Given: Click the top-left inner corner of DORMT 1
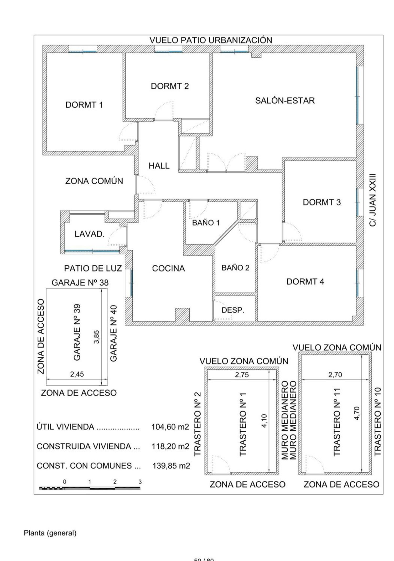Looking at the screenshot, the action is (47, 53).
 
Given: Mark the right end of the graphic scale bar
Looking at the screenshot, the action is (140, 488).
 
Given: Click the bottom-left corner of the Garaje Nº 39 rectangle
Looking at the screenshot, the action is (46, 385).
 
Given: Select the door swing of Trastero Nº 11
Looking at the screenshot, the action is (315, 464).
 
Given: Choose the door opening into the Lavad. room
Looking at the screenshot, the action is (117, 236).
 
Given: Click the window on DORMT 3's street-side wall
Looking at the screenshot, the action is (357, 202).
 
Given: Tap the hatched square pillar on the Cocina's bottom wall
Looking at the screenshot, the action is (182, 314).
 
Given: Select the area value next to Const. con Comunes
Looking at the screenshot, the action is (171, 466).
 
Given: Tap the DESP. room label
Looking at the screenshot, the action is (233, 310).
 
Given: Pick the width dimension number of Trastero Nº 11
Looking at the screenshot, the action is (335, 375).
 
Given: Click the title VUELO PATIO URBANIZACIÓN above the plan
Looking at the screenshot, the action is (211, 40).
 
